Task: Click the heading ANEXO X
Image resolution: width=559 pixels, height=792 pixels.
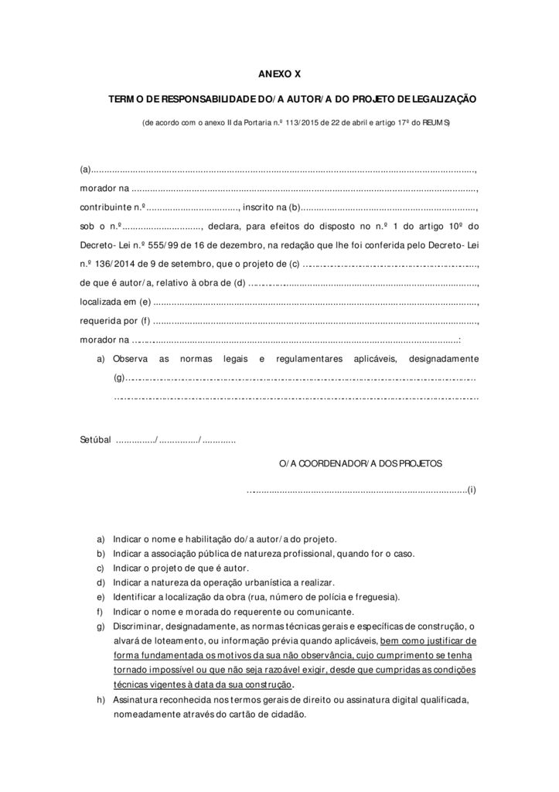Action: pyautogui.click(x=279, y=75)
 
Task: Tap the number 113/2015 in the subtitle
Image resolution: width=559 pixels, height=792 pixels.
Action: pyautogui.click(x=301, y=123)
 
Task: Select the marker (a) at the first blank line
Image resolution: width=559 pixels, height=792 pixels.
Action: pyautogui.click(x=85, y=169)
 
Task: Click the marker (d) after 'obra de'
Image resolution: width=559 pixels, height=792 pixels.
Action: pyautogui.click(x=239, y=282)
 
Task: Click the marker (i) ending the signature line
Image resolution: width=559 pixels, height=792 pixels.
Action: pyautogui.click(x=472, y=490)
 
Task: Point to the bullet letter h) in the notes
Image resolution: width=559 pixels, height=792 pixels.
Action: pyautogui.click(x=101, y=699)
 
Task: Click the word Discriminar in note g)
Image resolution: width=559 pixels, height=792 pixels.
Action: pyautogui.click(x=137, y=626)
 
